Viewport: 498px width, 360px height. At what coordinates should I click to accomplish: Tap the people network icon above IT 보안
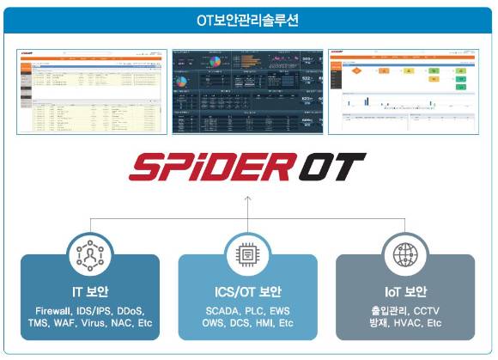click(90, 254)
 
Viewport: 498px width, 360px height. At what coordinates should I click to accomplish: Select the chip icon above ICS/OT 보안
click(248, 254)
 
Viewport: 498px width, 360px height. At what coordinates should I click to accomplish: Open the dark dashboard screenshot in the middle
click(247, 91)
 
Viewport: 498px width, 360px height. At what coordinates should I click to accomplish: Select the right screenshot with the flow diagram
click(404, 91)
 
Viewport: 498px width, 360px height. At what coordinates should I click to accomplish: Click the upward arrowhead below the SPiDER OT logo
click(247, 200)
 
